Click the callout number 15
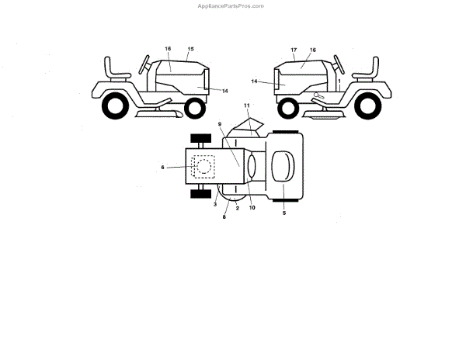(190, 49)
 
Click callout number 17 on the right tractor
(294, 50)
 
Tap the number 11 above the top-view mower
(246, 105)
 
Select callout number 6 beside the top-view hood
(162, 167)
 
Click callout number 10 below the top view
(252, 207)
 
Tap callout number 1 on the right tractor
(339, 80)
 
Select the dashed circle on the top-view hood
(203, 166)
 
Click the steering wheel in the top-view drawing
(254, 166)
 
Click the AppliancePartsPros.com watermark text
(232, 5)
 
